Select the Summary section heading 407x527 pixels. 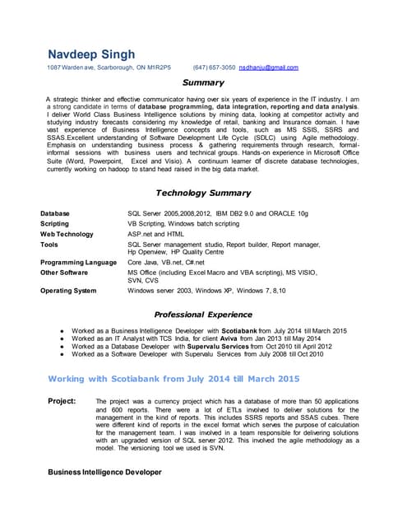tap(202, 82)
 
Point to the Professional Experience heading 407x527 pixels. tap(202, 315)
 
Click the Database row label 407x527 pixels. tap(55, 213)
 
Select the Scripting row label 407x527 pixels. tap(55, 223)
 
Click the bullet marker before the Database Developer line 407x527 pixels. tap(63, 347)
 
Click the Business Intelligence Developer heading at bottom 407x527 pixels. tap(104, 472)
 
